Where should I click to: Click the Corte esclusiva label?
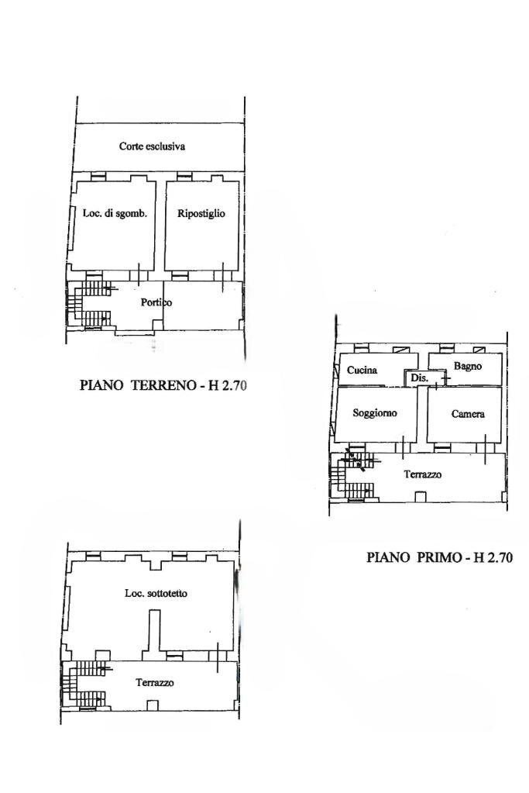pos(152,146)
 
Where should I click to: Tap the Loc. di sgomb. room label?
pos(115,214)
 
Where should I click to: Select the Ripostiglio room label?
pos(201,214)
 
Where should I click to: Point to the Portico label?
pos(156,302)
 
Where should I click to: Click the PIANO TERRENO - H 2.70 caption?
pos(163,384)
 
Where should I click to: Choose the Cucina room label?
pos(362,370)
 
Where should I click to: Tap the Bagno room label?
pos(468,365)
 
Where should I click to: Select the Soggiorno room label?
pos(374,413)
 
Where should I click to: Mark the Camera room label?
pos(468,414)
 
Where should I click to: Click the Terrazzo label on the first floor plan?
pos(422,474)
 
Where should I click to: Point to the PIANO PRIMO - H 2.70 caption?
pos(440,557)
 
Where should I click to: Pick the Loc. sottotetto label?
pos(156,594)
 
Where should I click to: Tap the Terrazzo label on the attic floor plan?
pos(155,683)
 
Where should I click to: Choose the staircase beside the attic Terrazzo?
pos(85,683)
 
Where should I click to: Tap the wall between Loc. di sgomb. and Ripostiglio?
pos(160,226)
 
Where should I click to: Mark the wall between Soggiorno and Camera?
pos(423,414)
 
